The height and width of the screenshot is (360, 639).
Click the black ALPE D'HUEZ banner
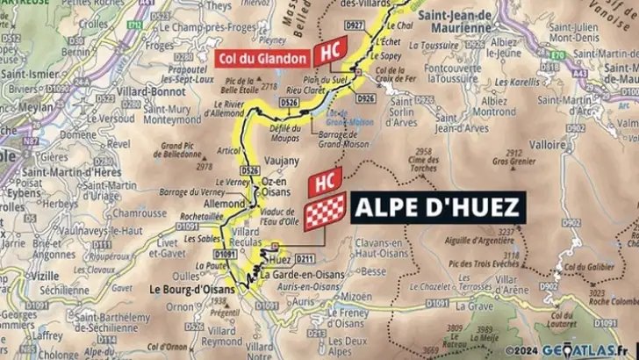(439, 209)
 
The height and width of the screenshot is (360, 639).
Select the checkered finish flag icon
(326, 211)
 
